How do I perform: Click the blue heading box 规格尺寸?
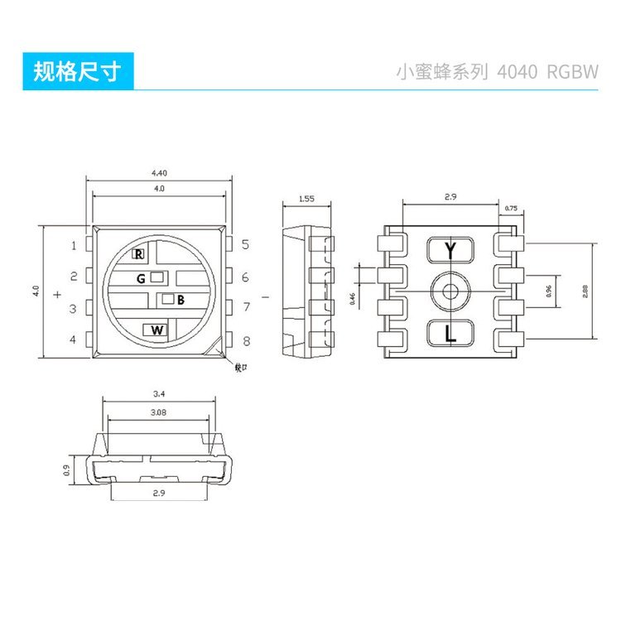(77, 72)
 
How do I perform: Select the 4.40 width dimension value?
(159, 173)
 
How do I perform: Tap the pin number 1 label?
(73, 245)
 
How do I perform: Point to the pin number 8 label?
(246, 340)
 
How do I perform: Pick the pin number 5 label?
(245, 244)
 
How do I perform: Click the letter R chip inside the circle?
(139, 253)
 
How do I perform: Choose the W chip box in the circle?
(157, 330)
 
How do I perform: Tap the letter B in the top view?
(181, 300)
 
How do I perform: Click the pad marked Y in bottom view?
(450, 250)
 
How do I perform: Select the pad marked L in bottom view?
(450, 335)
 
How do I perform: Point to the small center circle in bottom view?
(450, 291)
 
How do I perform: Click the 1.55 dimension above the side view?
(306, 199)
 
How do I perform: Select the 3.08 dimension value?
(159, 412)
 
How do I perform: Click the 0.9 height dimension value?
(66, 470)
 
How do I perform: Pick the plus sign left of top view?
(56, 294)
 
